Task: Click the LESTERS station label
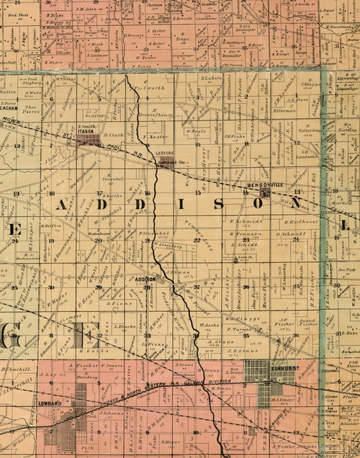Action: tap(165, 153)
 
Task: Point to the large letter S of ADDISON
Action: tap(230, 204)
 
